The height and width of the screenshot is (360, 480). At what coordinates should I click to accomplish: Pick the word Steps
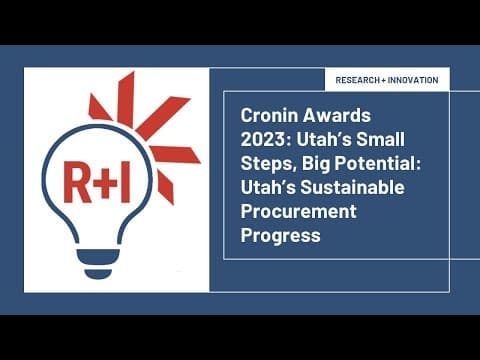pos(267,160)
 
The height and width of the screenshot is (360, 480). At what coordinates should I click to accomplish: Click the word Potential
pos(371,160)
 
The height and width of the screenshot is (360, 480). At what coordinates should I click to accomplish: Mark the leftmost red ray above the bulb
pos(98,107)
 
